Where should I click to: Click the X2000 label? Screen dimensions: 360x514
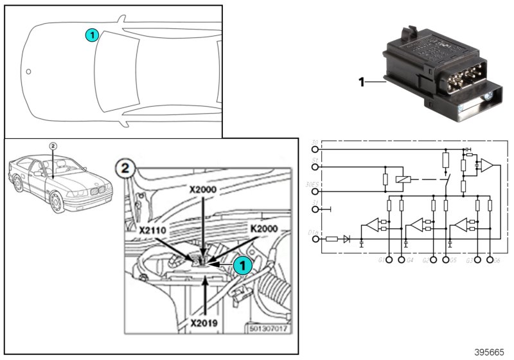click(203, 191)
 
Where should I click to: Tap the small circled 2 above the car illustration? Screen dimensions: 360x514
click(53, 145)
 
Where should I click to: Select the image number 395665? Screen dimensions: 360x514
click(490, 352)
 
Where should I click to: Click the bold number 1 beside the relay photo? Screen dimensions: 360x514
click(362, 82)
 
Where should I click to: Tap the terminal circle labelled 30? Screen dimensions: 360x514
click(315, 150)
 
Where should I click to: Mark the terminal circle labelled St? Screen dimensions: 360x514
click(315, 166)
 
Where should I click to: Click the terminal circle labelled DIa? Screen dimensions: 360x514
click(315, 239)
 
